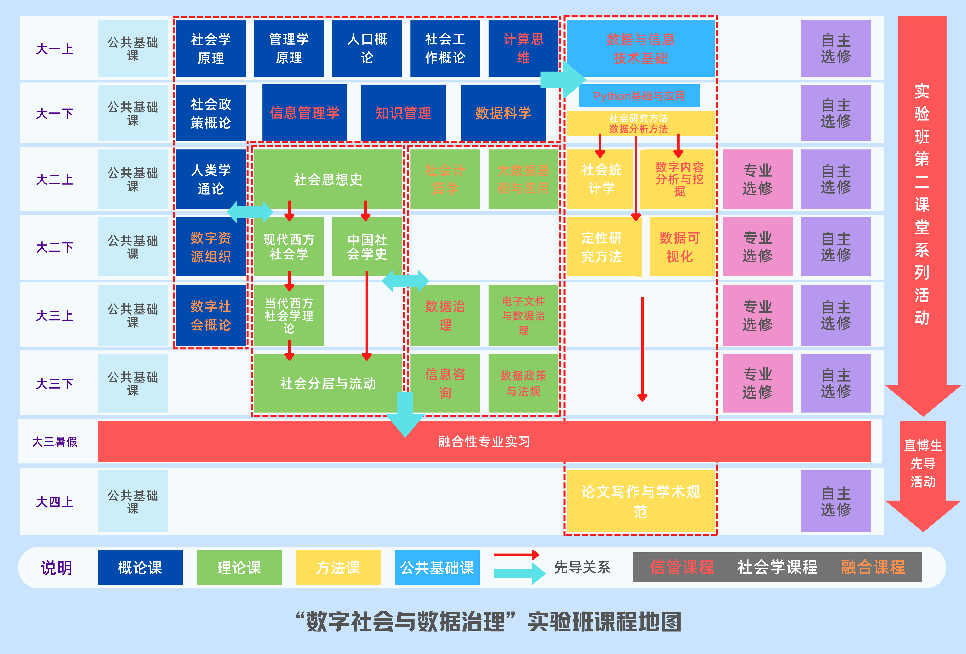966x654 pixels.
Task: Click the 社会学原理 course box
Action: click(211, 49)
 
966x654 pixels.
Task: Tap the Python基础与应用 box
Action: click(639, 96)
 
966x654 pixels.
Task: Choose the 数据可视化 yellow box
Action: click(680, 247)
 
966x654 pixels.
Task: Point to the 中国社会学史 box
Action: click(367, 247)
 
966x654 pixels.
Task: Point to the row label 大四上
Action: click(55, 502)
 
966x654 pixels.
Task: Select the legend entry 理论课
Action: click(239, 568)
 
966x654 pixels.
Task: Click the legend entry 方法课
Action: click(338, 568)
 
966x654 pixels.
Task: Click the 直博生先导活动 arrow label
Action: click(923, 463)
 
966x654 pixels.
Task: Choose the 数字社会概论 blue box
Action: click(211, 315)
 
